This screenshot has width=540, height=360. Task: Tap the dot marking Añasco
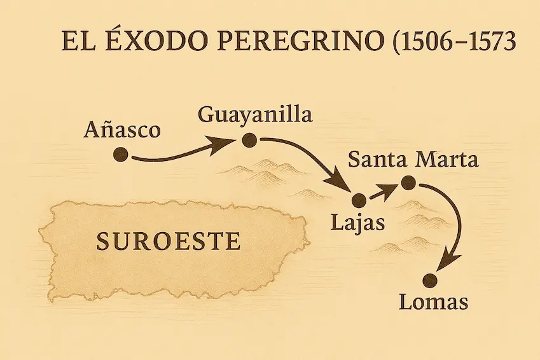tap(120, 155)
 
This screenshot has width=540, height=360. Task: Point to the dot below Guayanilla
tap(249, 141)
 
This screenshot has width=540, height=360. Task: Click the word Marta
tap(447, 159)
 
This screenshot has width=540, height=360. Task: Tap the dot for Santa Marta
tap(408, 183)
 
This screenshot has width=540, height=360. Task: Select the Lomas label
tap(433, 301)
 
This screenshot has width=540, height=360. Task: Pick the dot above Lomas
tap(432, 279)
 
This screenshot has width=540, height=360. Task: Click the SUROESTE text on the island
tap(168, 241)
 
